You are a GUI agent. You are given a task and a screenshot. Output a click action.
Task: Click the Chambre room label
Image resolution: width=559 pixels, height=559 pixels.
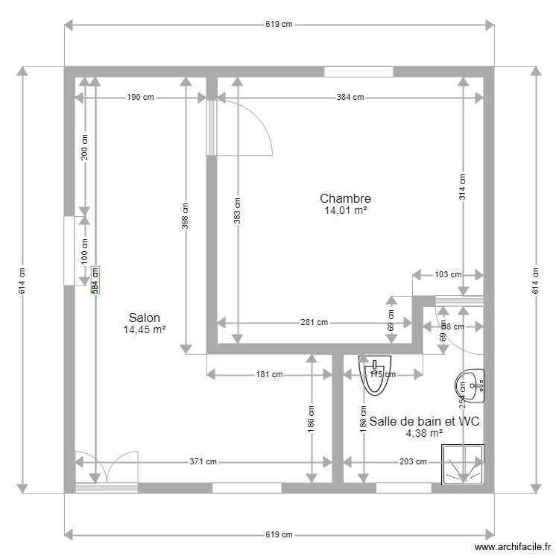[x=345, y=198]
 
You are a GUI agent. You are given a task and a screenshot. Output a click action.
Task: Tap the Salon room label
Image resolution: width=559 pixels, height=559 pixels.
[x=144, y=318]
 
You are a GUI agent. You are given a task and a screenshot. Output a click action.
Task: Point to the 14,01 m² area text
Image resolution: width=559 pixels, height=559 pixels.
[x=345, y=211]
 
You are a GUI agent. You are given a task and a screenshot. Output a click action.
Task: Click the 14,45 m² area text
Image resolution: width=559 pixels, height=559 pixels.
[x=144, y=329]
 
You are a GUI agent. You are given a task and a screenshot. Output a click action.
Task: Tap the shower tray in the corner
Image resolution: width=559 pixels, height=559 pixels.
[x=463, y=464]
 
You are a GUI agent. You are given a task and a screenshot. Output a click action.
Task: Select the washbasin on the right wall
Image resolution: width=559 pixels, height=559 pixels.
[x=470, y=385]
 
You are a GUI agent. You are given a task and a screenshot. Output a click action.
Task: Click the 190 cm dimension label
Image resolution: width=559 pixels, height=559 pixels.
[x=140, y=97]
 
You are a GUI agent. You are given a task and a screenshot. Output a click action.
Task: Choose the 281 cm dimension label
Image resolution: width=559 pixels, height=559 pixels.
[x=314, y=323]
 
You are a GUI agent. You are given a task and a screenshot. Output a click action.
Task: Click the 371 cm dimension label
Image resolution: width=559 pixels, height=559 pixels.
[x=203, y=462]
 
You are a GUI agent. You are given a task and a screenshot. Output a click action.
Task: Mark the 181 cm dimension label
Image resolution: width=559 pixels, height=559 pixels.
[x=270, y=375]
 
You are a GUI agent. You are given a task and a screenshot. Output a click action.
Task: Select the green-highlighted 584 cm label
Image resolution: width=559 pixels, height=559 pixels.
[x=95, y=280]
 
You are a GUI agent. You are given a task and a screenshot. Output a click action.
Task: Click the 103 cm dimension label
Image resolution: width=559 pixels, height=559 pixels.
[x=447, y=274]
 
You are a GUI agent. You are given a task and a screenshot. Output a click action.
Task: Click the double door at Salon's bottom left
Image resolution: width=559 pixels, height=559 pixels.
[x=107, y=471]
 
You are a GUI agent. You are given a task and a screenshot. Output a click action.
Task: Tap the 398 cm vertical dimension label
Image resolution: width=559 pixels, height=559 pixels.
[x=185, y=216]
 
